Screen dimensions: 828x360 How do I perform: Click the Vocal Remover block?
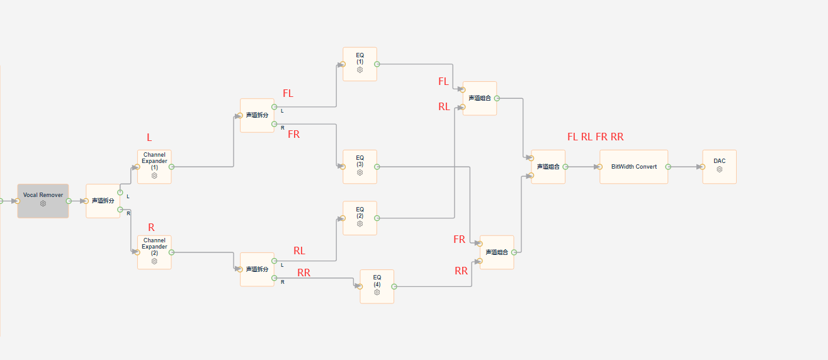point(43,201)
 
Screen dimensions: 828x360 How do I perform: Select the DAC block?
point(719,167)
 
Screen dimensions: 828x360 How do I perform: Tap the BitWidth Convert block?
point(634,167)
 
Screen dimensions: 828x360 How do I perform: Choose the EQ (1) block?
point(360,64)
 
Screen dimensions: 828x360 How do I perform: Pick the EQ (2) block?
point(360,218)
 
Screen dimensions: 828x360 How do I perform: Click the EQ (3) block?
point(360,167)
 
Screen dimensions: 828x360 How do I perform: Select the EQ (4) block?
point(377,286)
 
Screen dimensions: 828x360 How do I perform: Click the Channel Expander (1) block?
point(154,167)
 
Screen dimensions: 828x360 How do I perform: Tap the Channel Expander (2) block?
point(154,252)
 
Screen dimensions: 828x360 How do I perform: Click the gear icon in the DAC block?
point(719,169)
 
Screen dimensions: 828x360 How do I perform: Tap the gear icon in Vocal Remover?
point(43,203)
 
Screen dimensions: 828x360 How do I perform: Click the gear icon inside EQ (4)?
point(377,293)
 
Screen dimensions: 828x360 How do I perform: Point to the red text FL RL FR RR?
point(595,137)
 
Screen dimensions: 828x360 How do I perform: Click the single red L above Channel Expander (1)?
point(149,137)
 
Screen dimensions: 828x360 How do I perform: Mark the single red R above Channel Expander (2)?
point(151,227)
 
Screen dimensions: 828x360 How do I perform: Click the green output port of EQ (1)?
point(377,64)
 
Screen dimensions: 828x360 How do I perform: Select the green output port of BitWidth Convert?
point(668,167)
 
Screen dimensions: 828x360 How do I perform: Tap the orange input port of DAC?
point(702,167)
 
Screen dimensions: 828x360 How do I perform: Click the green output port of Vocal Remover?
point(69,201)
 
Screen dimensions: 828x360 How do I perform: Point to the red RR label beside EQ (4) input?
point(304,273)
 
